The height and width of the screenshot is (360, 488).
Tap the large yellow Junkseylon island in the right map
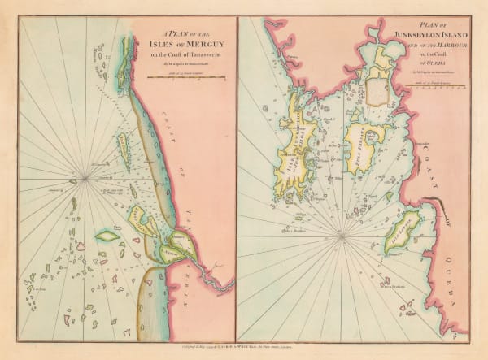[301, 142]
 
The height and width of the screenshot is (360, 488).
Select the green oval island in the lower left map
[107, 236]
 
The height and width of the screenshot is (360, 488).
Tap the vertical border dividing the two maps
[236, 179]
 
